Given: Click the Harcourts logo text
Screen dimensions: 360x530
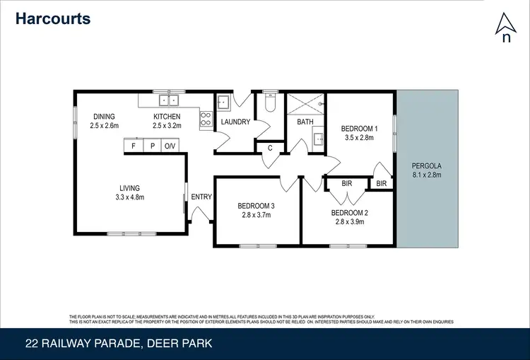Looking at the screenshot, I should point(53,18).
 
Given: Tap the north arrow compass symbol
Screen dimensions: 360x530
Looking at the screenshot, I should point(505,28).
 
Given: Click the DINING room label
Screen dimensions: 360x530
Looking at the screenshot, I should point(104,117).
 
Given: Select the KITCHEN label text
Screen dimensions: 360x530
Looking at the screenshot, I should point(167,117).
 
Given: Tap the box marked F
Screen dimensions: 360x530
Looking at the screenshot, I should point(133,146).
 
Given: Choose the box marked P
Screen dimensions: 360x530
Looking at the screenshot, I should point(152,146).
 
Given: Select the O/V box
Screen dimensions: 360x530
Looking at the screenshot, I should point(170,146).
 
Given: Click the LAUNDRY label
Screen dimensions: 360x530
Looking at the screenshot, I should point(235,122).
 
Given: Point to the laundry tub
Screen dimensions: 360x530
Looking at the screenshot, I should point(223,103).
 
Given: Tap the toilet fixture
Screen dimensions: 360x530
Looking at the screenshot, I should point(269,103).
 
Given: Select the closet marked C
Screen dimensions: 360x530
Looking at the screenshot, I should point(270,148).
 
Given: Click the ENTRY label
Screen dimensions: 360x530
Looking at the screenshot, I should point(201,197).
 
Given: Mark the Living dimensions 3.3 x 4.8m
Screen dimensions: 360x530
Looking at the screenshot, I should point(130,197).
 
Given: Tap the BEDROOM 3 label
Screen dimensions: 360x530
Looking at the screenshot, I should point(256,206).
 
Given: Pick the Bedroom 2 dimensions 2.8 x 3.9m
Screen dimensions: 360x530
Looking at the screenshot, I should point(350,221).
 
